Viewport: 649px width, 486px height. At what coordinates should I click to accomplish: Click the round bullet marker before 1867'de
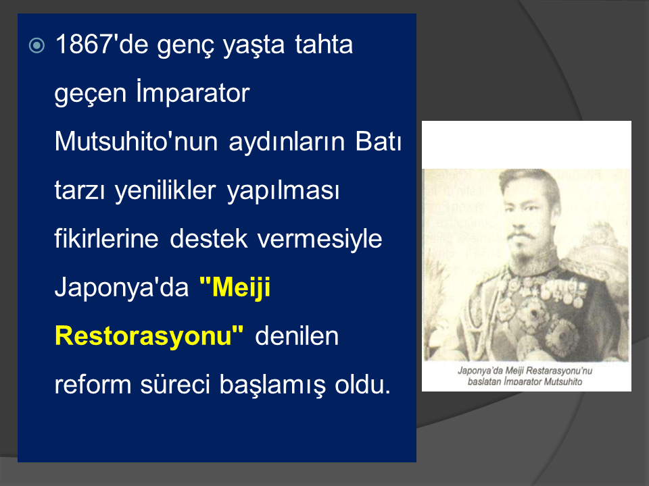click(37, 45)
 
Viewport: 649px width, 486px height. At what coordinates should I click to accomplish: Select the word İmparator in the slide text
click(193, 93)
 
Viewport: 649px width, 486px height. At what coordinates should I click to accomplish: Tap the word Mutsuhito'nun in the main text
click(136, 141)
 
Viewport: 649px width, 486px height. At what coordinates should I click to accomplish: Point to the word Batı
click(379, 141)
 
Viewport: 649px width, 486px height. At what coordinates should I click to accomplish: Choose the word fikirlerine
click(106, 238)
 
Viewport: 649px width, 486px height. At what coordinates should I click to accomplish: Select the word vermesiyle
click(320, 239)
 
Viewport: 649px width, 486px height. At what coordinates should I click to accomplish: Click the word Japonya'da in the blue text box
click(122, 288)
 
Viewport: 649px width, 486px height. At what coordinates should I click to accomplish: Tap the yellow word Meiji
click(235, 287)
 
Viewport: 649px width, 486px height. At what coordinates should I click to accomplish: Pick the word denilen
click(297, 336)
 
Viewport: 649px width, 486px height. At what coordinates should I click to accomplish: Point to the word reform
click(91, 384)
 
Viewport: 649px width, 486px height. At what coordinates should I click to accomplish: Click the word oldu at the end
click(362, 385)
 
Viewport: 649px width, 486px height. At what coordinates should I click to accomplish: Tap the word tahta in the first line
click(324, 45)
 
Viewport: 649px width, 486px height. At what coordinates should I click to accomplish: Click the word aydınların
click(287, 142)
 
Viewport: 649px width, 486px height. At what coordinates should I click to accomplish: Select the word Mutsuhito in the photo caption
click(563, 381)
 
